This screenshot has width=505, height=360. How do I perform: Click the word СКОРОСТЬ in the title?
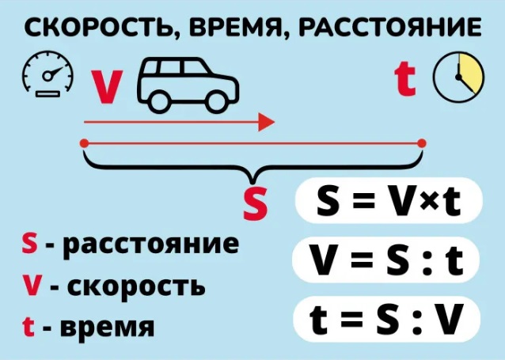coord(99,28)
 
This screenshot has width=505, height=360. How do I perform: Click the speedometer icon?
coord(47,74)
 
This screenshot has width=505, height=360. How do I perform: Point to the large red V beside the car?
coord(108,87)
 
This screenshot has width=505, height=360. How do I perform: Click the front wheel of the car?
coord(218,102)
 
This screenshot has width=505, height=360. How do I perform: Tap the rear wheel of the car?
coord(160,102)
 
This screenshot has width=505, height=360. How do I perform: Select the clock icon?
coord(458,78)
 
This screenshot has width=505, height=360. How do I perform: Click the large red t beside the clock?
coord(404,79)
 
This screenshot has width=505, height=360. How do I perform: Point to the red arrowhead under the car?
coord(266,122)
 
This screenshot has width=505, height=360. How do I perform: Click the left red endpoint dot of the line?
coord(84,143)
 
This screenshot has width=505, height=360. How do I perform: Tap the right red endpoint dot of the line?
coord(422,143)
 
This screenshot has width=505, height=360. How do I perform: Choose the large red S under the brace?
coord(255,203)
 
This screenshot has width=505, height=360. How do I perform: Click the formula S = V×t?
coord(389,201)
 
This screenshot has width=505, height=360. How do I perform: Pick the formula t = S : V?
coord(386,319)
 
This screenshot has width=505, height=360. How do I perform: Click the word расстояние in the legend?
coord(150,245)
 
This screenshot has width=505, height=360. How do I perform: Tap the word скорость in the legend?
coord(136,286)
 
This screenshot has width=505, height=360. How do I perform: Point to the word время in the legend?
coord(108,326)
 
